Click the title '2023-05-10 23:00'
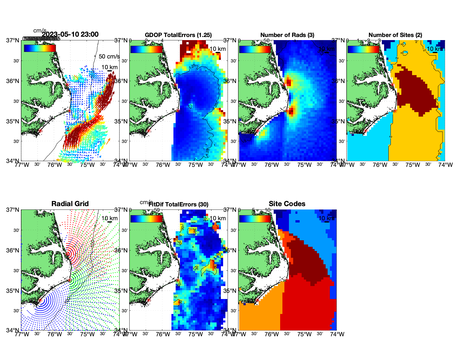70,34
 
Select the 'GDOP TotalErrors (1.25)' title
178,35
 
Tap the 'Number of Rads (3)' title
287,35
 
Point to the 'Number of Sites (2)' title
395,35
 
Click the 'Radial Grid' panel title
70,204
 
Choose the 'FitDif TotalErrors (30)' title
178,204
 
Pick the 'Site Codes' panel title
287,204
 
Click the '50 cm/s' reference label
109,56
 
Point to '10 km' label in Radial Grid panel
110,218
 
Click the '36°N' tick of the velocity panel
13,81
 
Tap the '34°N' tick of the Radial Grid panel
13,330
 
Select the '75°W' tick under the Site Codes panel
304,334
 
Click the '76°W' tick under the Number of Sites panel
380,165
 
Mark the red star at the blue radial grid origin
40,300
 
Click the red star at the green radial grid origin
69,280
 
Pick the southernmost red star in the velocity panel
40,131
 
